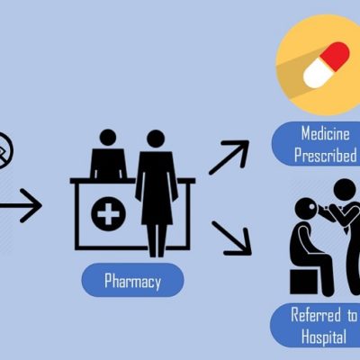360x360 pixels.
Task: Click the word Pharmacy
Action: click(x=132, y=281)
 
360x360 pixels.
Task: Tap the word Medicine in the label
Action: click(x=326, y=133)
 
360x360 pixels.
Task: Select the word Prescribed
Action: click(x=326, y=155)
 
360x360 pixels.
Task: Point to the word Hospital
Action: click(x=324, y=337)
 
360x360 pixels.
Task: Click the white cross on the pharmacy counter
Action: click(x=108, y=214)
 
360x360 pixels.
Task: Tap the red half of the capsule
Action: click(x=335, y=57)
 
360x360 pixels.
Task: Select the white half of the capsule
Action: click(x=316, y=74)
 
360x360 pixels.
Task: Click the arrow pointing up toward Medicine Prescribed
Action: click(x=229, y=157)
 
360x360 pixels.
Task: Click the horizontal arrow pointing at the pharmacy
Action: click(x=21, y=206)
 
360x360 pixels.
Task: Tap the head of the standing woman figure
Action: click(x=156, y=139)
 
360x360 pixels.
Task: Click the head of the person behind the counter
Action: click(x=108, y=138)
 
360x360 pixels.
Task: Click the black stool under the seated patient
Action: click(x=303, y=282)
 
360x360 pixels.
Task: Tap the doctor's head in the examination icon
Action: click(x=345, y=189)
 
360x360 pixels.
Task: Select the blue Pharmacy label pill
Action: click(x=132, y=280)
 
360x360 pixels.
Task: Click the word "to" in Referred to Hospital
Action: click(x=352, y=316)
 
